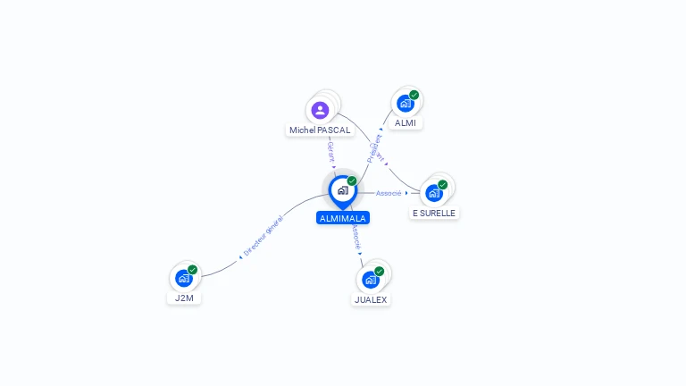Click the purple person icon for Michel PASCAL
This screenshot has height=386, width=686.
coord(320,110)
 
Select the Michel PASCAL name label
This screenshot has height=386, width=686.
coord(320,130)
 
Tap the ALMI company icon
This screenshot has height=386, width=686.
coord(405,104)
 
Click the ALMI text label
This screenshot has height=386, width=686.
coord(406,123)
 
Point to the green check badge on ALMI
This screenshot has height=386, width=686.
coord(414,95)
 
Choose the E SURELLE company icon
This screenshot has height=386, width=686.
coord(433,193)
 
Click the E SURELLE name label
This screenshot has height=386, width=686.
coord(434,214)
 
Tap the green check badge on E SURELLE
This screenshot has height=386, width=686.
coord(443,185)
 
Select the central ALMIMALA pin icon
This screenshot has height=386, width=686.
coord(342,190)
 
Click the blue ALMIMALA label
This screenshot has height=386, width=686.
coord(343,218)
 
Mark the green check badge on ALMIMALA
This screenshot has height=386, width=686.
coord(352,181)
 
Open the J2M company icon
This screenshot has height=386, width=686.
coord(183,278)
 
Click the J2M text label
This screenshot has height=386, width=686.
coord(184,298)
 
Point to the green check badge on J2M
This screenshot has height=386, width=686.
coord(193,270)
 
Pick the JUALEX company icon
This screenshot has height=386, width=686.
coord(370,280)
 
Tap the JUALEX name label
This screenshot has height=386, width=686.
coord(371,300)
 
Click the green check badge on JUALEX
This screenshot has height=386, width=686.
coord(380,271)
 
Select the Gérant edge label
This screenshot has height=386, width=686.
coord(330,151)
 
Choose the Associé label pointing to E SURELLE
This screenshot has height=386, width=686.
coord(389,193)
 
